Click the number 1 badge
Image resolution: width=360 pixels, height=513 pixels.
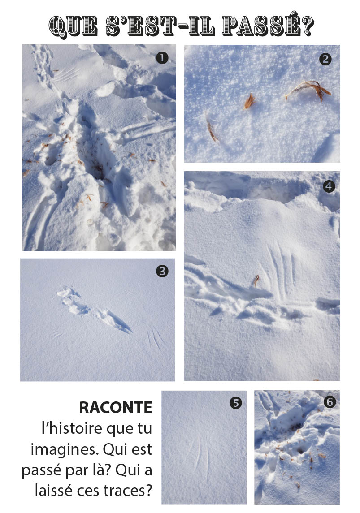tap(162, 58)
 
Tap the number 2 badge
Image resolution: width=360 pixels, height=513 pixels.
tap(325, 59)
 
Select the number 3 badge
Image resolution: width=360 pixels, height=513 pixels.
tap(162, 271)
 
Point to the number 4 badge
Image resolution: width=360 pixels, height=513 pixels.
tap(329, 186)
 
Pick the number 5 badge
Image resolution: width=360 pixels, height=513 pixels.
tap(236, 403)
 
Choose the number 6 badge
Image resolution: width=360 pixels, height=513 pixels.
tap(330, 401)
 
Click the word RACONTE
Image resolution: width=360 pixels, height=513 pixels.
tap(116, 408)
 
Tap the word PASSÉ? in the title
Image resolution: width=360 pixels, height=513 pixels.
tap(268, 25)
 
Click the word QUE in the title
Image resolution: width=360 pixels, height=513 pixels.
tap(73, 26)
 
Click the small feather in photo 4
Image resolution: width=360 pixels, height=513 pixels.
tap(256, 280)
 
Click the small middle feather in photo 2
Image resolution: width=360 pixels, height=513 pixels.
tap(249, 101)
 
